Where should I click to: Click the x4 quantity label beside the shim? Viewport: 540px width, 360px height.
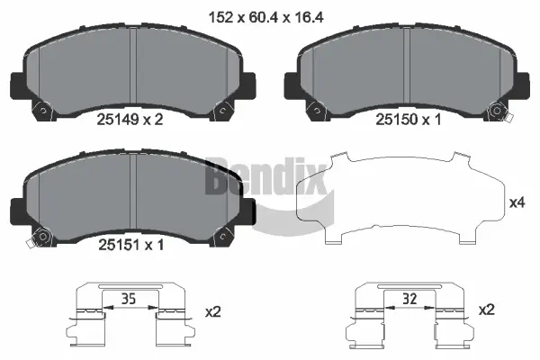517,203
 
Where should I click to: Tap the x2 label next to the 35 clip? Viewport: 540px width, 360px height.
212,311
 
